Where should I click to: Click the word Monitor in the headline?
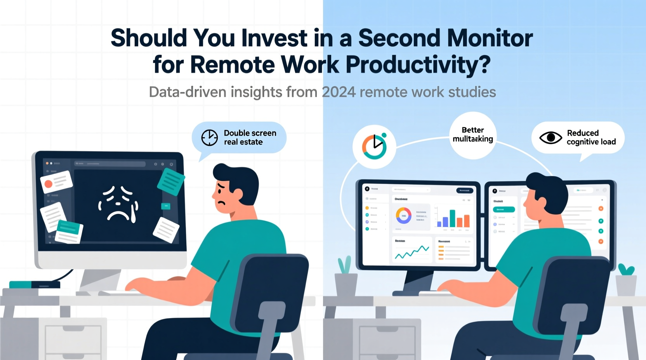point(490,38)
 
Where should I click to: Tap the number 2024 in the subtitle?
point(339,92)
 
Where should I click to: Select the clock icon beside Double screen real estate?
point(209,138)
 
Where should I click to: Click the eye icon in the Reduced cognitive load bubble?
point(550,138)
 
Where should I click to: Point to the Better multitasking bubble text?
point(472,135)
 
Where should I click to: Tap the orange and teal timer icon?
point(374,146)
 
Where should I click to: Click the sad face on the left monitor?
point(118,204)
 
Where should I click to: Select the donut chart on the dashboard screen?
point(403,215)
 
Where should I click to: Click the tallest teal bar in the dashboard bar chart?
point(452,218)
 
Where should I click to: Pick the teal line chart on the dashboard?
point(412,252)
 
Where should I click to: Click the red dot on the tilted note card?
point(49,184)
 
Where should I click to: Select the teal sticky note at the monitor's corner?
point(171,182)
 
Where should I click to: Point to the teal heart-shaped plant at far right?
point(626,270)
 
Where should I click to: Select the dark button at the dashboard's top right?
point(464,190)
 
